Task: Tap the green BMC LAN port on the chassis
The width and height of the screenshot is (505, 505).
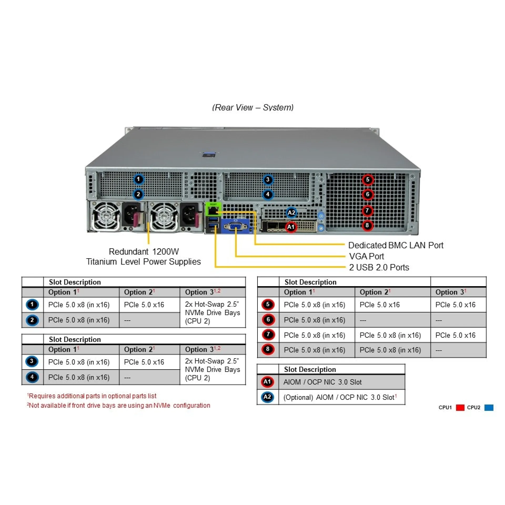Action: pyautogui.click(x=213, y=210)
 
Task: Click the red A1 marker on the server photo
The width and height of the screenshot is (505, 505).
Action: pyautogui.click(x=291, y=227)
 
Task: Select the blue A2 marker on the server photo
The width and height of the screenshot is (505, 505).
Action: pyautogui.click(x=291, y=213)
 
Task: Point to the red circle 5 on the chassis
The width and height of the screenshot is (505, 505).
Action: pyautogui.click(x=367, y=180)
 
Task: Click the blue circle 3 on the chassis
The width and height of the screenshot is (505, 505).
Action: pyautogui.click(x=268, y=180)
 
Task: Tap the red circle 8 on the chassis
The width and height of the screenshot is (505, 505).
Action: pyautogui.click(x=367, y=225)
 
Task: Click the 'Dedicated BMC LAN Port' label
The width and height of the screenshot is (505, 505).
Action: pyautogui.click(x=396, y=245)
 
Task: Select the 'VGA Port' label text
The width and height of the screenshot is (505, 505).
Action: pyautogui.click(x=366, y=256)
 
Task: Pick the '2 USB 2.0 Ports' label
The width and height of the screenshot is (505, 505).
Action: pyautogui.click(x=379, y=267)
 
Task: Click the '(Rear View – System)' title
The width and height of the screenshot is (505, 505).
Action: pyautogui.click(x=253, y=107)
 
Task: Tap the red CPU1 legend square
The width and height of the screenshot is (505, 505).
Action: pyautogui.click(x=460, y=407)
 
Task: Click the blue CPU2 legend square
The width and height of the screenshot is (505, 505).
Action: pyautogui.click(x=489, y=407)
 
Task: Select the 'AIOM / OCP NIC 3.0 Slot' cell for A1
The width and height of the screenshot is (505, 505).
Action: pyautogui.click(x=322, y=382)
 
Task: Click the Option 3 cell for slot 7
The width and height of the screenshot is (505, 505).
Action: pyautogui.click(x=455, y=335)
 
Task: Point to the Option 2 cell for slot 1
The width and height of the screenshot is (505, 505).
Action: pyautogui.click(x=144, y=305)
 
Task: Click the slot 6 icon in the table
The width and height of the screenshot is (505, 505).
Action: pyautogui.click(x=268, y=320)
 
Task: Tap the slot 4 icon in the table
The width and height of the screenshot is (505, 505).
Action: pyautogui.click(x=32, y=377)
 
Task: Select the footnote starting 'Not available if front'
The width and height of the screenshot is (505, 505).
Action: pyautogui.click(x=119, y=405)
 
